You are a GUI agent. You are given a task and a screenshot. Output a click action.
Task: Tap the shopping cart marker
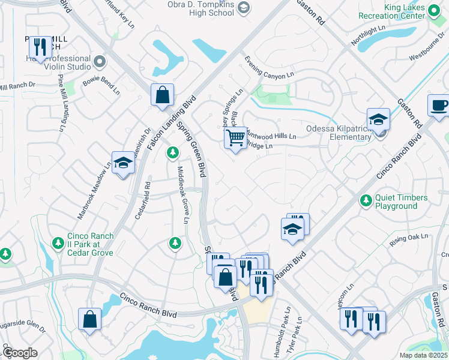tap(236, 139)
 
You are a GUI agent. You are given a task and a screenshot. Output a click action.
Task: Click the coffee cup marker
tap(439, 106)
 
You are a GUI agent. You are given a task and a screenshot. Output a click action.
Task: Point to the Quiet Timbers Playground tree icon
tap(364, 199)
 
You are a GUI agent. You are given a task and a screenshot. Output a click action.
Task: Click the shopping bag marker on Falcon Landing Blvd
tap(162, 94)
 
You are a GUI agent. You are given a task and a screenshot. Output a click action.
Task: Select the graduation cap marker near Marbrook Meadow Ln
tap(122, 163)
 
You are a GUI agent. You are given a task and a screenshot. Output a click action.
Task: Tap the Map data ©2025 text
tap(424, 355)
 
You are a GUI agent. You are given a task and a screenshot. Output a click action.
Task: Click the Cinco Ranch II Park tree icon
tap(58, 242)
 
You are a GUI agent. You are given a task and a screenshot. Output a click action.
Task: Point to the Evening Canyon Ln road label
tap(269, 67)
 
